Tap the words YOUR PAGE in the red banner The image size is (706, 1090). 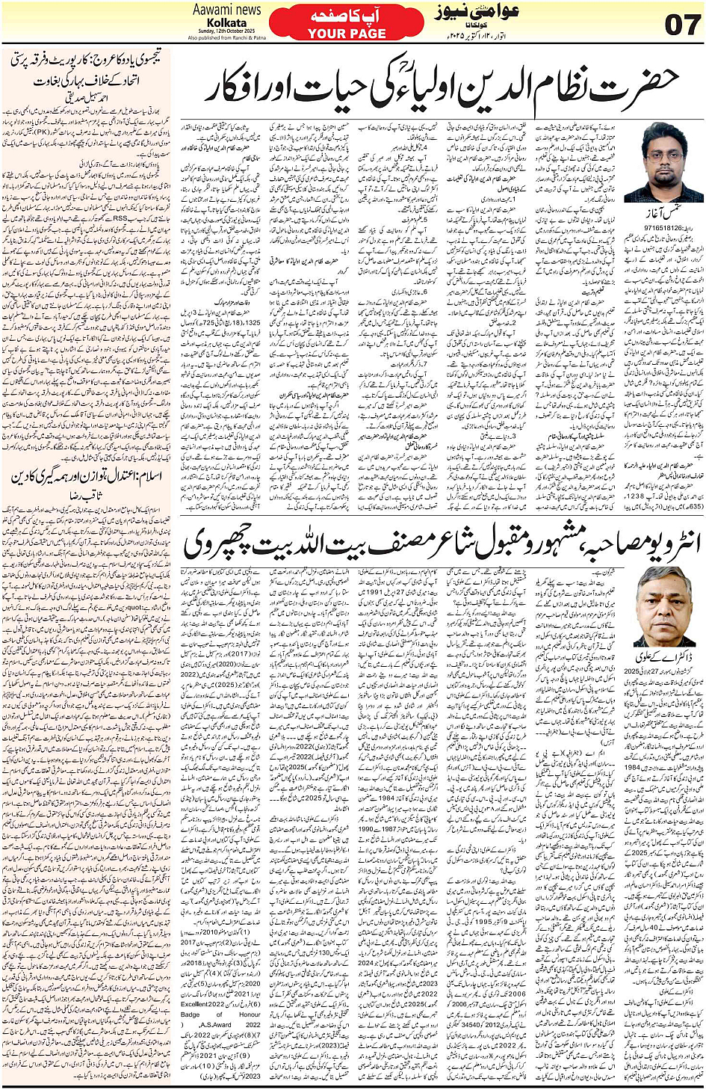coord(347,34)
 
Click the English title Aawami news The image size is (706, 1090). coord(227,10)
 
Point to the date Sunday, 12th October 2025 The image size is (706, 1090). coord(227,31)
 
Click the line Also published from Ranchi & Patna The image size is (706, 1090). coord(227,37)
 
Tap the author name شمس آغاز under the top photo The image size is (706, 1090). coord(663,214)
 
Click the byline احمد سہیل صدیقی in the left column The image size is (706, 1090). coord(87,96)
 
